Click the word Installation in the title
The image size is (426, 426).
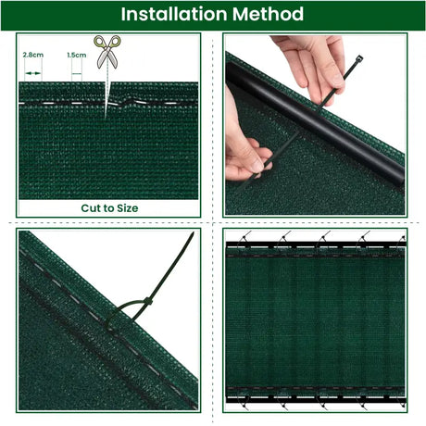(x=174, y=14)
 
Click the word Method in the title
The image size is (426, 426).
(x=268, y=14)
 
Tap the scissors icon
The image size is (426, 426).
(x=107, y=52)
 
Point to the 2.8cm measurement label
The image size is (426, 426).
(x=33, y=55)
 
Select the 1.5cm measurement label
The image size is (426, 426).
(x=77, y=55)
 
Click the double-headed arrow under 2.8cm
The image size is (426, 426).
(x=33, y=73)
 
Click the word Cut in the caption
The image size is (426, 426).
(x=90, y=208)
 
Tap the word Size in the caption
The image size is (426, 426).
(x=128, y=208)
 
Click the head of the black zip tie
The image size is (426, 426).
(x=359, y=58)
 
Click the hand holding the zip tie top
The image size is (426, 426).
(x=313, y=69)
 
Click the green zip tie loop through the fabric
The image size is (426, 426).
(x=118, y=314)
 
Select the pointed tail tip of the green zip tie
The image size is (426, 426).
(x=193, y=233)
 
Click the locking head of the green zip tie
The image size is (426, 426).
(x=148, y=301)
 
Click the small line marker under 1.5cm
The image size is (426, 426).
(x=77, y=74)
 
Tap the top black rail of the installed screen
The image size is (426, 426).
(x=315, y=245)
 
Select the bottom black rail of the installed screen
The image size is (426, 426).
(x=315, y=399)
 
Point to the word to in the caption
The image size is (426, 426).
(x=107, y=208)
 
